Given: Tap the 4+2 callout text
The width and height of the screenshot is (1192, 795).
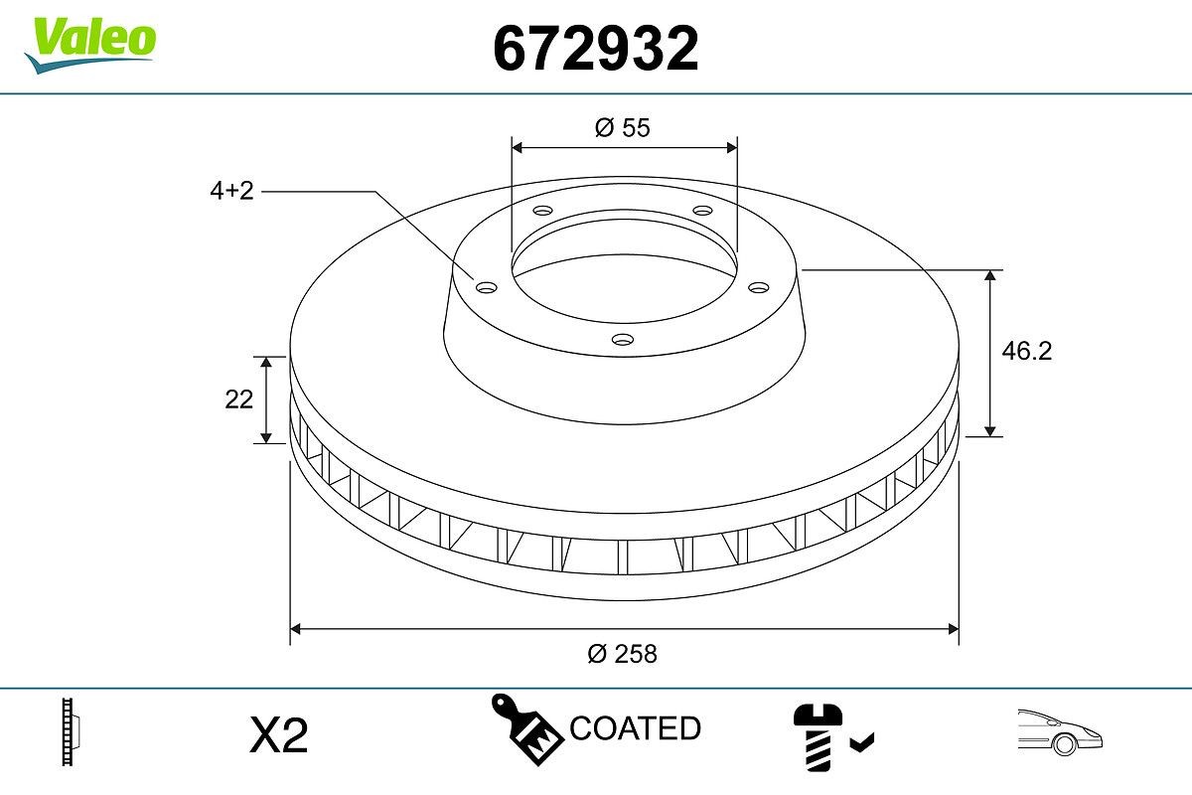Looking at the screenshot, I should click(x=231, y=192).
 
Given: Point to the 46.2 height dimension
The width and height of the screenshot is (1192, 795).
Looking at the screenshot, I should click(x=1026, y=351).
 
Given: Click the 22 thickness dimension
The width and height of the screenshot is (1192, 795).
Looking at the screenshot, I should click(x=238, y=399).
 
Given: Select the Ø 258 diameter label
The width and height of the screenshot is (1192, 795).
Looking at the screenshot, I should click(x=622, y=654).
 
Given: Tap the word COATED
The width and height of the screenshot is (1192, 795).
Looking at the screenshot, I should click(x=636, y=728).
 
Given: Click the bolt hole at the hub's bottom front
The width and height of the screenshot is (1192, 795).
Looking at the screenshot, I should click(x=622, y=340).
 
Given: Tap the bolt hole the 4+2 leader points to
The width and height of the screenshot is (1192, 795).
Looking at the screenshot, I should click(x=486, y=287).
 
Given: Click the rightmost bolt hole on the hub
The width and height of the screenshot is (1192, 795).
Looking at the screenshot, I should click(x=759, y=287).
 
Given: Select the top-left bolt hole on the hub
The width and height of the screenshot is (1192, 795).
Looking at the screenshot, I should click(x=541, y=211).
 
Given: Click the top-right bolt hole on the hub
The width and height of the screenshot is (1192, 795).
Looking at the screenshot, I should click(x=702, y=211).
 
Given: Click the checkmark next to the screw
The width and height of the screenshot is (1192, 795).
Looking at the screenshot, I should click(x=862, y=740).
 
